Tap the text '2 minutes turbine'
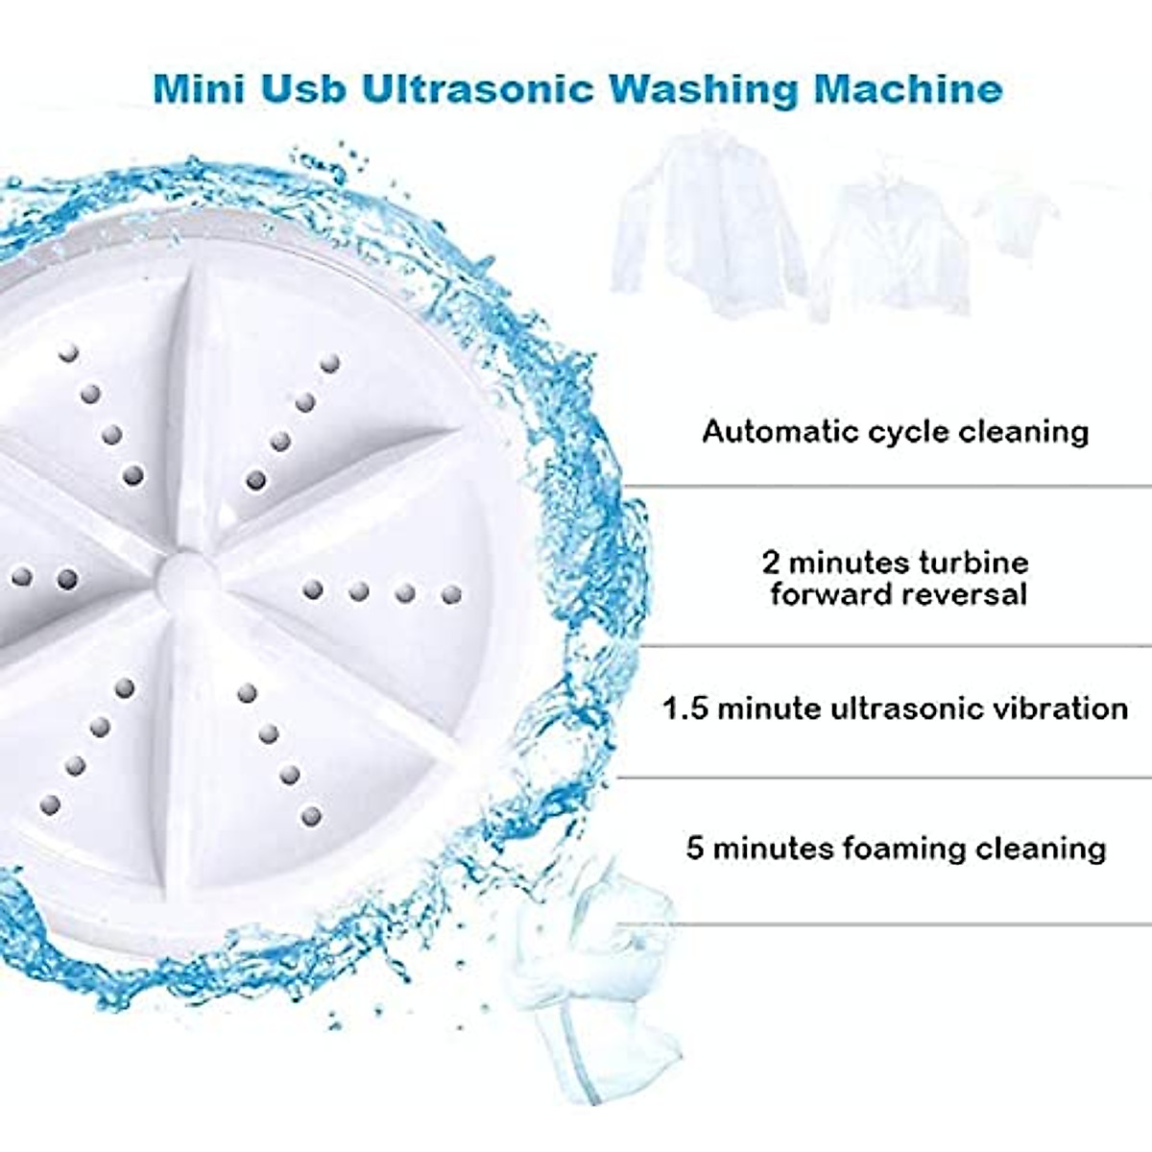coord(895,562)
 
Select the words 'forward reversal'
coord(899,594)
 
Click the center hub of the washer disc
coord(187,581)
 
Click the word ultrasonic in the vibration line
coord(920,709)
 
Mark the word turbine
coord(976,562)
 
